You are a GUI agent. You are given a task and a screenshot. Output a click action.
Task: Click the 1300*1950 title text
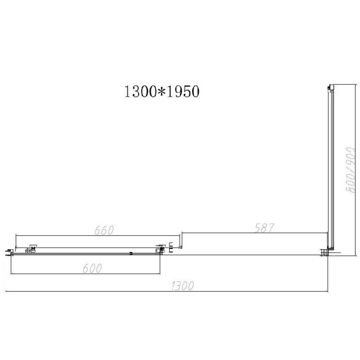tap(162, 91)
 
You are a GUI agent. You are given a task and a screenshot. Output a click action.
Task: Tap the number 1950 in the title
tap(183, 91)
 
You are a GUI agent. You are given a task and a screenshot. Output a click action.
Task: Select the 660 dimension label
tap(104, 230)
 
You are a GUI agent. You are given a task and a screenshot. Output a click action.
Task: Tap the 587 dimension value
tap(264, 228)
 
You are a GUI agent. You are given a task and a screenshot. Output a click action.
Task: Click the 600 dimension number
tap(92, 268)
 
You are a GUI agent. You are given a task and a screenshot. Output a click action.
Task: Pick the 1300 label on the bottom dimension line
tap(183, 286)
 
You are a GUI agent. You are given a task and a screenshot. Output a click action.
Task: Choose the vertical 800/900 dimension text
tap(351, 170)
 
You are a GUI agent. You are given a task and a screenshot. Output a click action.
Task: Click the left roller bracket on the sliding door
tap(31, 249)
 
